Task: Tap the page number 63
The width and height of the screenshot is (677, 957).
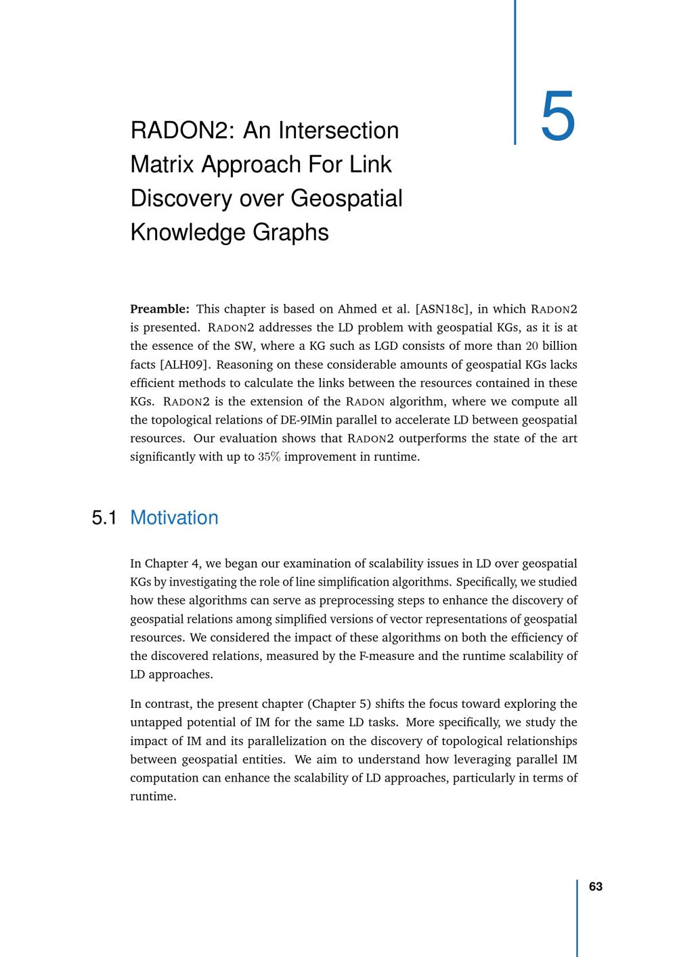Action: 596,887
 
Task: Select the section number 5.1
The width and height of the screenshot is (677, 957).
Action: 104,518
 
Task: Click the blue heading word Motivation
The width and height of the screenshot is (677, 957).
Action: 174,518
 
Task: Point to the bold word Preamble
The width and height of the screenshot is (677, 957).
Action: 159,309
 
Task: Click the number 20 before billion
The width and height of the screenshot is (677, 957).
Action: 532,347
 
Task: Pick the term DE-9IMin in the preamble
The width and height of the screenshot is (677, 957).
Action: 304,420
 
